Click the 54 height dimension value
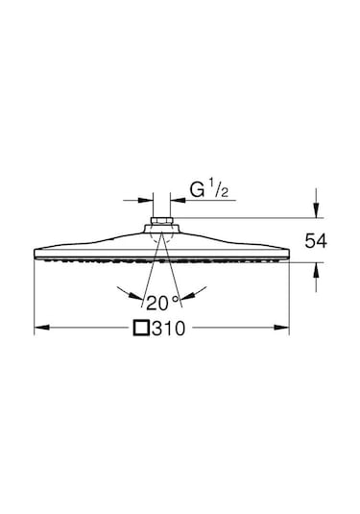tap(316, 241)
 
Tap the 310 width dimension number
tap(169, 329)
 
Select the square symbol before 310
tap(141, 329)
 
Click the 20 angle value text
tap(157, 303)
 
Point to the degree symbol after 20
tap(176, 299)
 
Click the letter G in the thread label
tap(198, 190)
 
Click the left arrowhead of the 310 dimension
tap(42, 328)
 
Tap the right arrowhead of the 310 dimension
tap(281, 328)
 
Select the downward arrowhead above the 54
tap(316, 210)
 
